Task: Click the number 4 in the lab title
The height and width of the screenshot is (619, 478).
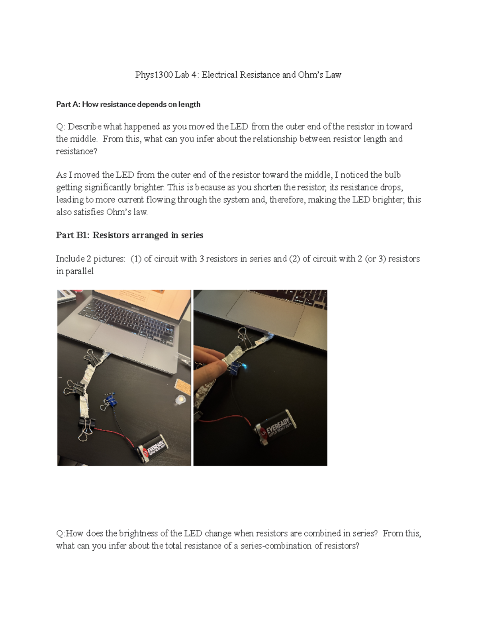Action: pyautogui.click(x=194, y=75)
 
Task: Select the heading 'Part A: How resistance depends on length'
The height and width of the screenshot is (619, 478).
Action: pyautogui.click(x=128, y=104)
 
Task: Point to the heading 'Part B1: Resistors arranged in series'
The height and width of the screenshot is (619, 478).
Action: pyautogui.click(x=129, y=235)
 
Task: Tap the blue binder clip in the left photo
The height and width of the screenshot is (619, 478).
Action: pyautogui.click(x=110, y=399)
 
